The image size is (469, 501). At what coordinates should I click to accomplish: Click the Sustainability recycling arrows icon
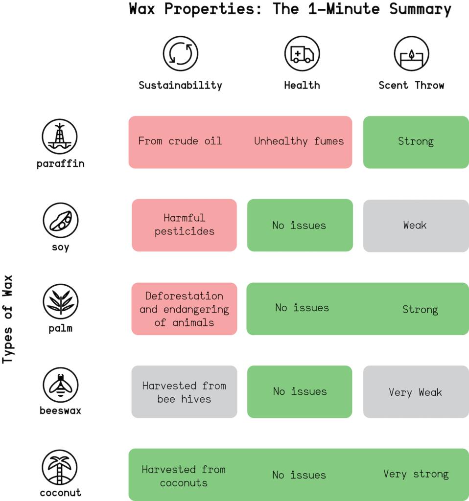tap(180, 53)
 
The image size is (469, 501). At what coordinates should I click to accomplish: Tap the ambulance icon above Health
tap(302, 53)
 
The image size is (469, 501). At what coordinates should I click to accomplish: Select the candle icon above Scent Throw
tap(411, 53)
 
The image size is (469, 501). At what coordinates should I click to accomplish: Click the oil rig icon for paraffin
tap(60, 137)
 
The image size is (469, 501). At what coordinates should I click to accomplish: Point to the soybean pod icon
tap(60, 220)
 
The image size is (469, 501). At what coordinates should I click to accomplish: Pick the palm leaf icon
tap(60, 301)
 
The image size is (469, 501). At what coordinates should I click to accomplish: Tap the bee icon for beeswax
tap(60, 385)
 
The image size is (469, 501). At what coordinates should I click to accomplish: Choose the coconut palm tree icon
tap(60, 467)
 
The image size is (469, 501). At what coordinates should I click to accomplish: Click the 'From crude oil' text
tap(180, 141)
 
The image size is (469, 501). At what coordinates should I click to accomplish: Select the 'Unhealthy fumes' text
tap(299, 141)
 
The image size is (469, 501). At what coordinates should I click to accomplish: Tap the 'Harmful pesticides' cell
tap(184, 225)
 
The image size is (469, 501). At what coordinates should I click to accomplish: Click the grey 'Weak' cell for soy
tap(416, 226)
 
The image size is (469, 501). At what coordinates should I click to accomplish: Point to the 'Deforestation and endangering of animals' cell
tap(184, 309)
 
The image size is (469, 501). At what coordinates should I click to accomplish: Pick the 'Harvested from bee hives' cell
tap(184, 392)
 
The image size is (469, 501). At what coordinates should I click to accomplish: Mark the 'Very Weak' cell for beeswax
tap(416, 392)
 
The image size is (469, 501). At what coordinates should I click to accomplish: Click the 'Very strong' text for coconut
tap(416, 474)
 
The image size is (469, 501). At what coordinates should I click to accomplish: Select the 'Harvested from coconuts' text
tap(184, 476)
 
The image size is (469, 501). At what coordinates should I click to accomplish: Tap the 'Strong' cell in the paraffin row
tap(416, 142)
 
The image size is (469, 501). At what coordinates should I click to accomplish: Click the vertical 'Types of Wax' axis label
tap(7, 319)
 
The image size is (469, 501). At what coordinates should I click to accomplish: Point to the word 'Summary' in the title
tap(420, 9)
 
